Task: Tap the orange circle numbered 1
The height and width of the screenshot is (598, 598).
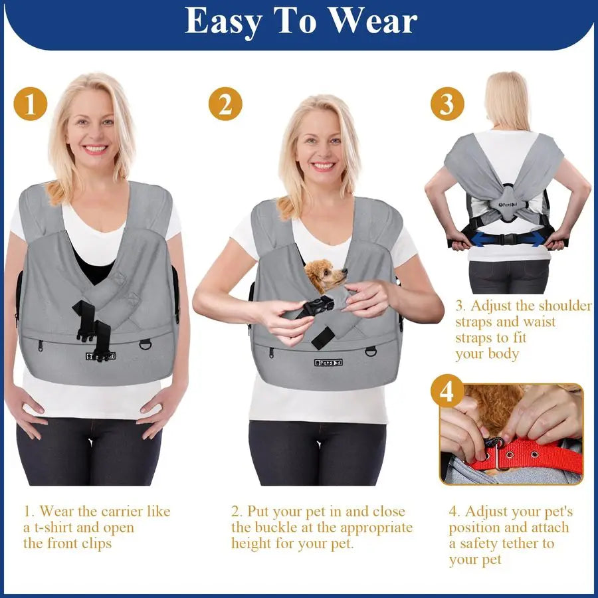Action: pyautogui.click(x=31, y=104)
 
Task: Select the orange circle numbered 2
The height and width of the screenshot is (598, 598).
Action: pyautogui.click(x=225, y=104)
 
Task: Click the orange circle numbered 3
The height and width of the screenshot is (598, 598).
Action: pyautogui.click(x=447, y=104)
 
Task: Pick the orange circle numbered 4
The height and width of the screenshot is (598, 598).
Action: pyautogui.click(x=447, y=391)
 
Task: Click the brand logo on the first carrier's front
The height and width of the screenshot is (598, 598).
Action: pyautogui.click(x=100, y=355)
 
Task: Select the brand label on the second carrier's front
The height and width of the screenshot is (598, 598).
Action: pyautogui.click(x=331, y=362)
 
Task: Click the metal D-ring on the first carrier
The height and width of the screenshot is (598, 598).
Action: pyautogui.click(x=145, y=344)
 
